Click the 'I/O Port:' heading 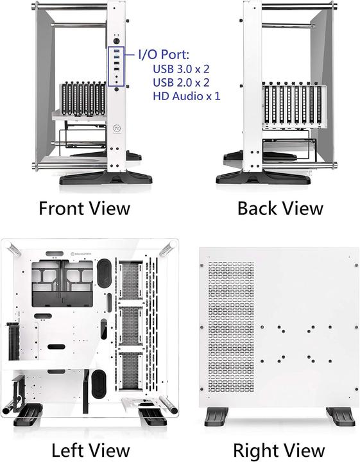pos(168,56)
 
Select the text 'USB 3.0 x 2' pos(181,69)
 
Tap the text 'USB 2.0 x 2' pos(181,83)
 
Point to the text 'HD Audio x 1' pos(186,96)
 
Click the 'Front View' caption pos(84,208)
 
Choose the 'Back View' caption pos(280,208)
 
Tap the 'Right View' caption pos(279,449)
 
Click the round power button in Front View pos(117,40)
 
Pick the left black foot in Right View pos(218,418)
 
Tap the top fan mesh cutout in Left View pos(130,280)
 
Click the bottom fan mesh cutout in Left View pos(130,373)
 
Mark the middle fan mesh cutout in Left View pos(130,327)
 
